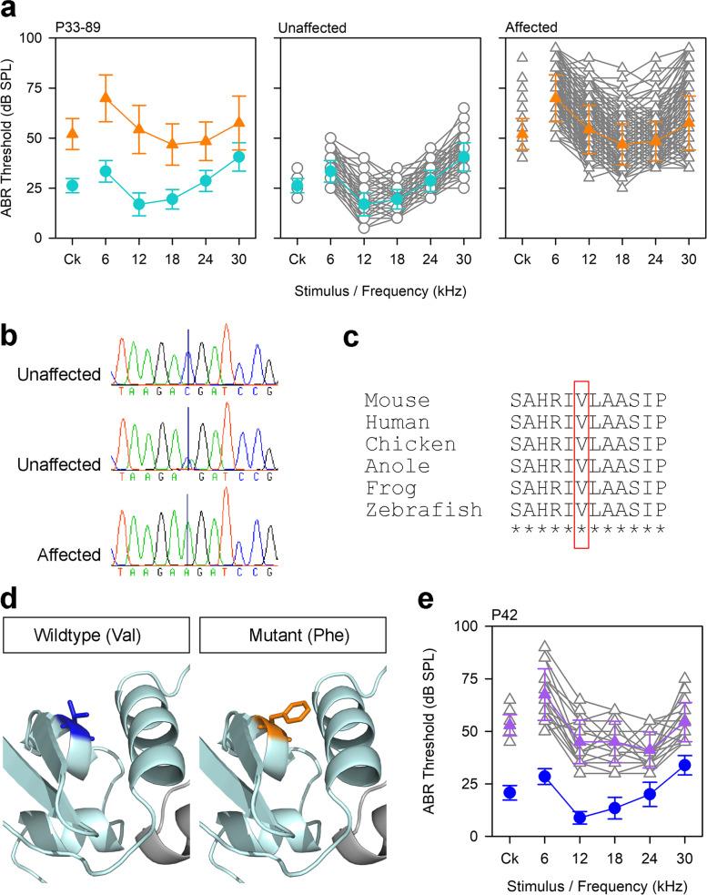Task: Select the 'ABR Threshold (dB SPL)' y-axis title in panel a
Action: pyautogui.click(x=11, y=137)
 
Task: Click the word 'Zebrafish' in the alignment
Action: pyautogui.click(x=423, y=509)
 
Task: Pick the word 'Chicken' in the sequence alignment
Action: pyautogui.click(x=410, y=443)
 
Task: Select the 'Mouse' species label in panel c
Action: pyautogui.click(x=397, y=400)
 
